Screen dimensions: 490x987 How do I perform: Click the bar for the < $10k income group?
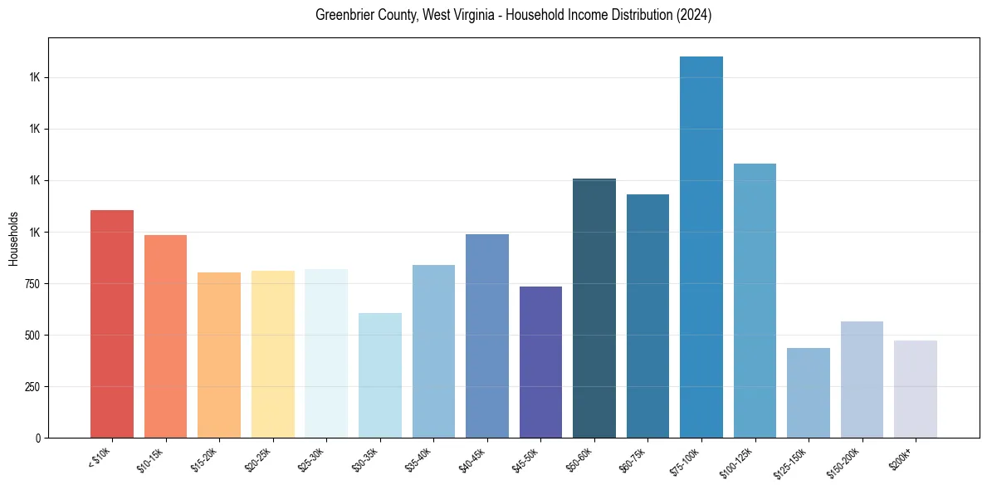[x=112, y=324]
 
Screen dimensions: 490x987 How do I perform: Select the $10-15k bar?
[x=165, y=336]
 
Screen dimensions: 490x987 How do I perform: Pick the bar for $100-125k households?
[x=755, y=301]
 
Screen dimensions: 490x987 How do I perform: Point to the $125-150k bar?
[x=809, y=393]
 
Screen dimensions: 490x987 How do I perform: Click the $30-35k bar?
[x=380, y=375]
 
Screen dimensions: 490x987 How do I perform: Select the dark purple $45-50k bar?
[x=540, y=362]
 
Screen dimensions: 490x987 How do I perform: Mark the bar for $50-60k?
[x=594, y=308]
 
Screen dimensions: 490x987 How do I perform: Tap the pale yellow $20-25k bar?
[x=273, y=354]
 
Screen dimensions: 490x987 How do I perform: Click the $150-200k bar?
[x=862, y=380]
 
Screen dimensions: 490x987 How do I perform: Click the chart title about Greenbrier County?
[x=513, y=15]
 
